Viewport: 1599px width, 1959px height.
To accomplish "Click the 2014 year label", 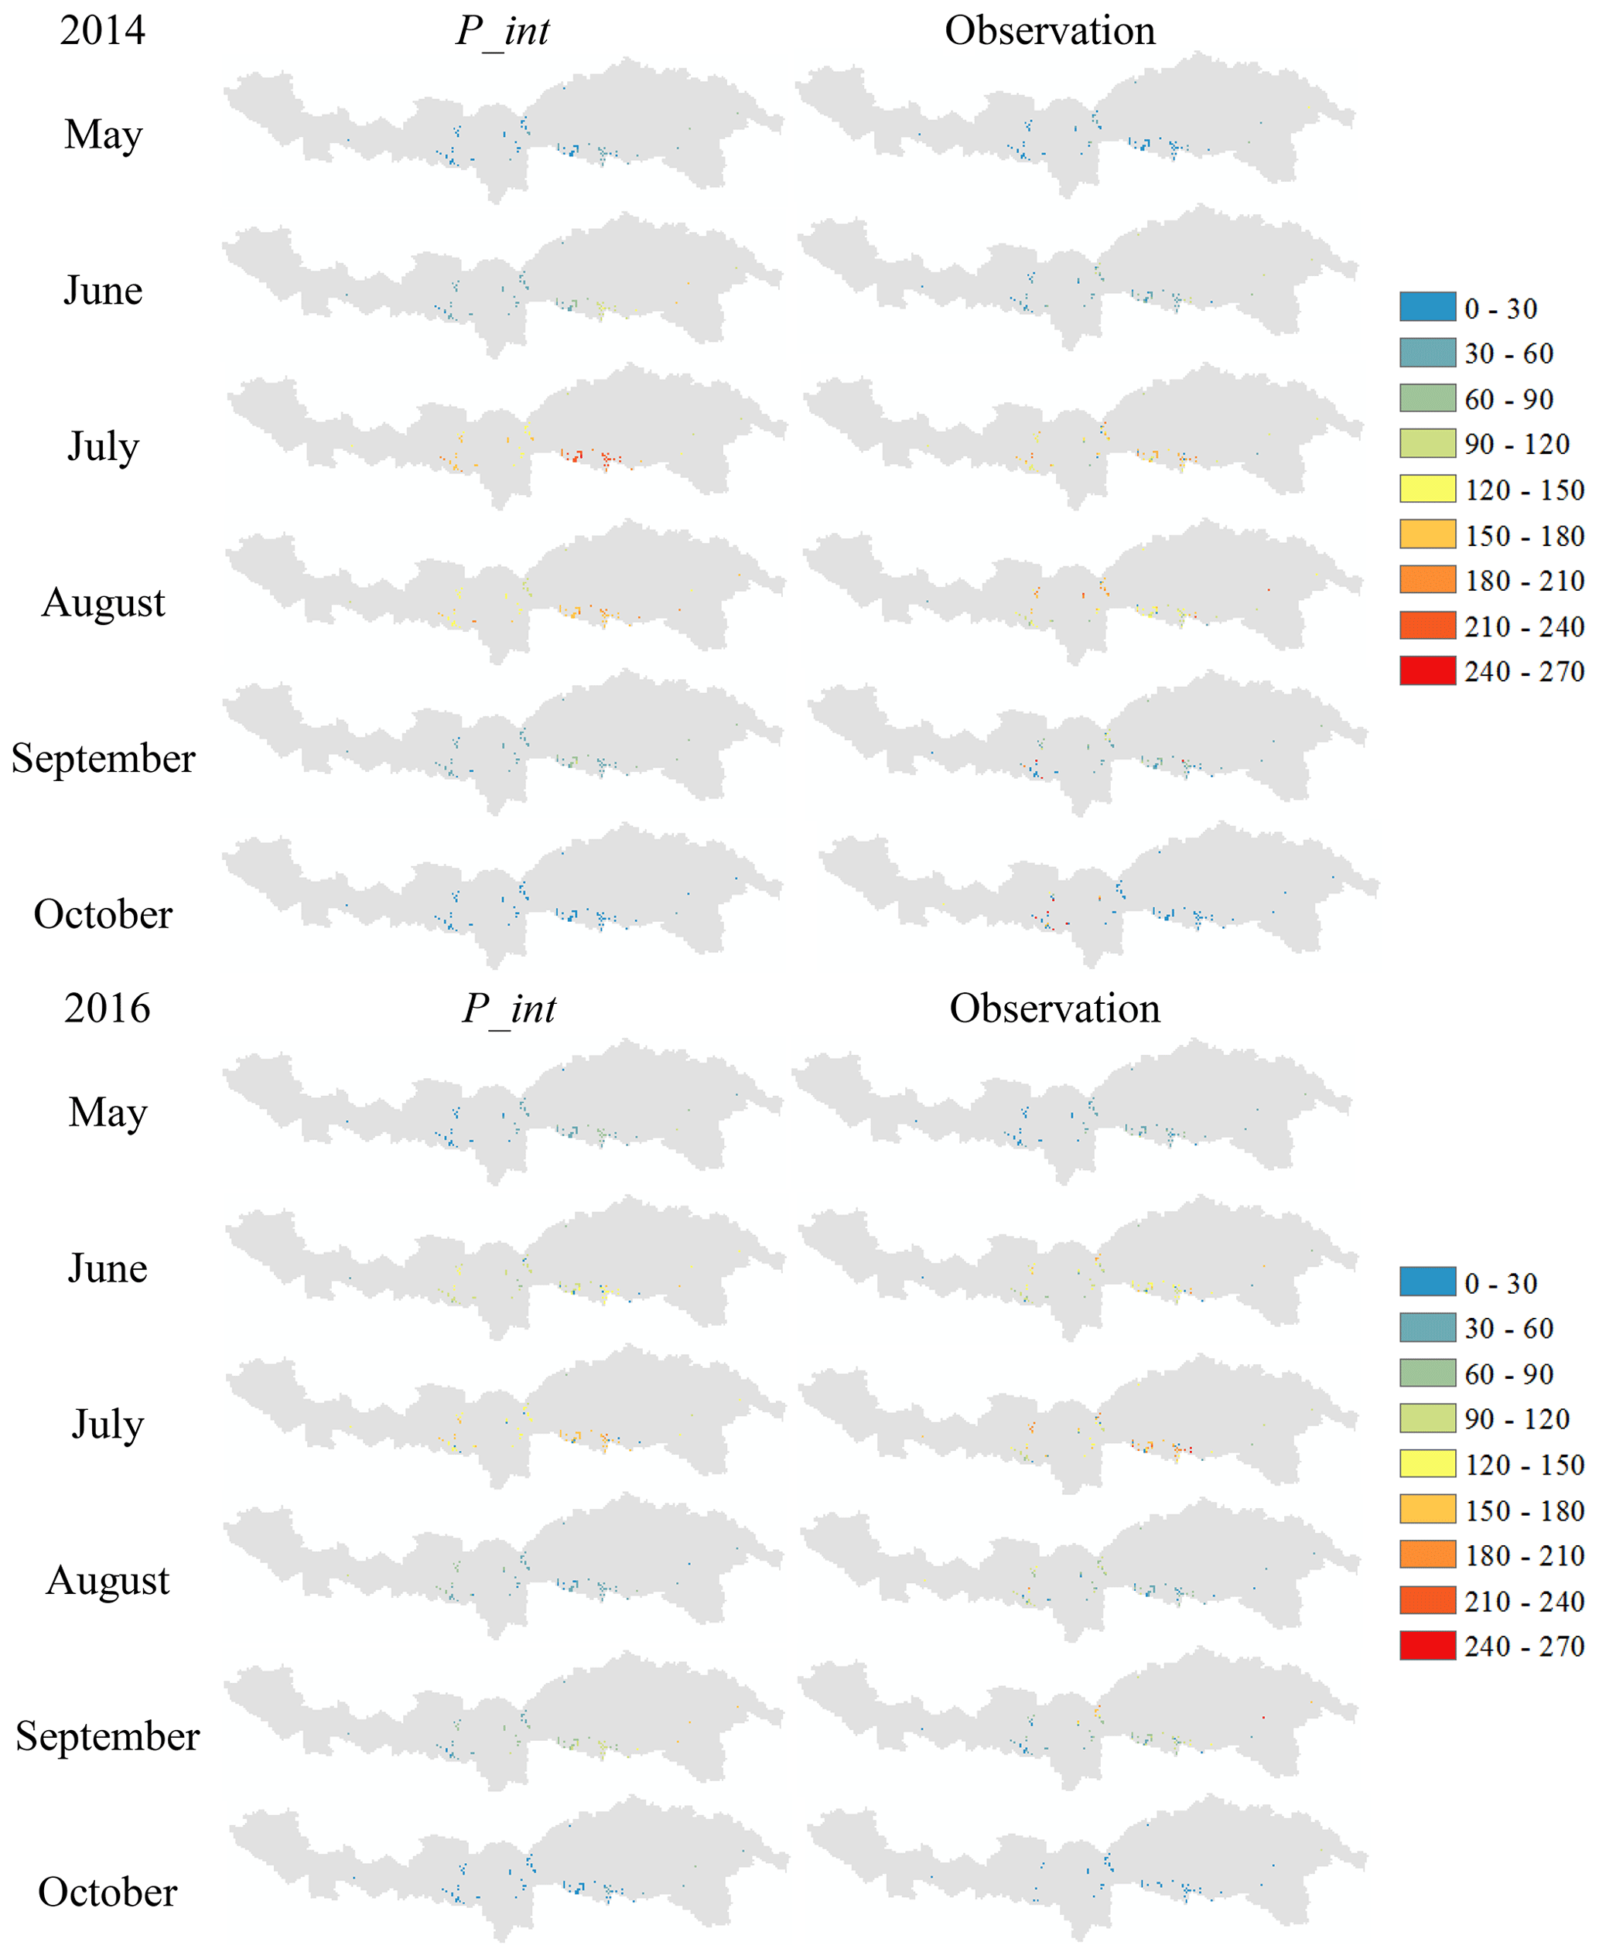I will (102, 30).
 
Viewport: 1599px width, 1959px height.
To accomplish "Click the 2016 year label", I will (107, 1009).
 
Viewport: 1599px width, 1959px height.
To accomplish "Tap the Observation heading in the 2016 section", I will (1054, 1009).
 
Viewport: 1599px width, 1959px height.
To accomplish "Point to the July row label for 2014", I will (103, 447).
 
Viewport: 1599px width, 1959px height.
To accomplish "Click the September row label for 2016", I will (107, 1736).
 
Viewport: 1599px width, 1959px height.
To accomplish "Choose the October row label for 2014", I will (103, 915).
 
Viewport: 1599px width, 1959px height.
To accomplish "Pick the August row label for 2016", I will (108, 1581).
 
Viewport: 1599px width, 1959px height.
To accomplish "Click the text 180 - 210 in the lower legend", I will (1525, 1555).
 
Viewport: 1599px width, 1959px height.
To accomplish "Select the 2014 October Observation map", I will (1101, 898).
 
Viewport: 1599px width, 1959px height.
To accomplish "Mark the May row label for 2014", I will (103, 135).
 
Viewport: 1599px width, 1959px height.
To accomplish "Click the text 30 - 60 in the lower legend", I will (1508, 1328).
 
